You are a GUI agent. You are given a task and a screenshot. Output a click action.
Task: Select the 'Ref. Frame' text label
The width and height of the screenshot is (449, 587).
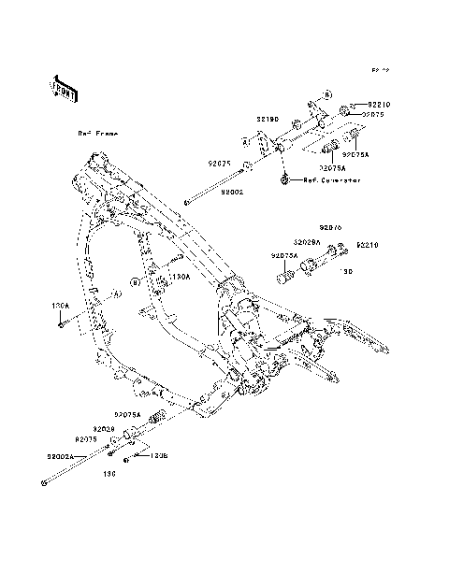pos(97,134)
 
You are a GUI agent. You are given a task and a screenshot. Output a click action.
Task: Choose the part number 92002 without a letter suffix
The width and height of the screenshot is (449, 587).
pos(233,191)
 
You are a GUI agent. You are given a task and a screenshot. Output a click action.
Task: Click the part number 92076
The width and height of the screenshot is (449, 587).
pos(331,227)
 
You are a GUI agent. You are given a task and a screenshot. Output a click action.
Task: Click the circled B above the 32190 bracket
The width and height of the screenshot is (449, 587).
pos(328,96)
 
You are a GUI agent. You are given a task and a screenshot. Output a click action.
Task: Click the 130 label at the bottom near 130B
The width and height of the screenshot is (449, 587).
pos(109,473)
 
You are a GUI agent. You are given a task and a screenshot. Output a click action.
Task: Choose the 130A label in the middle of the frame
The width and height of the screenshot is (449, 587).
pos(181,277)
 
